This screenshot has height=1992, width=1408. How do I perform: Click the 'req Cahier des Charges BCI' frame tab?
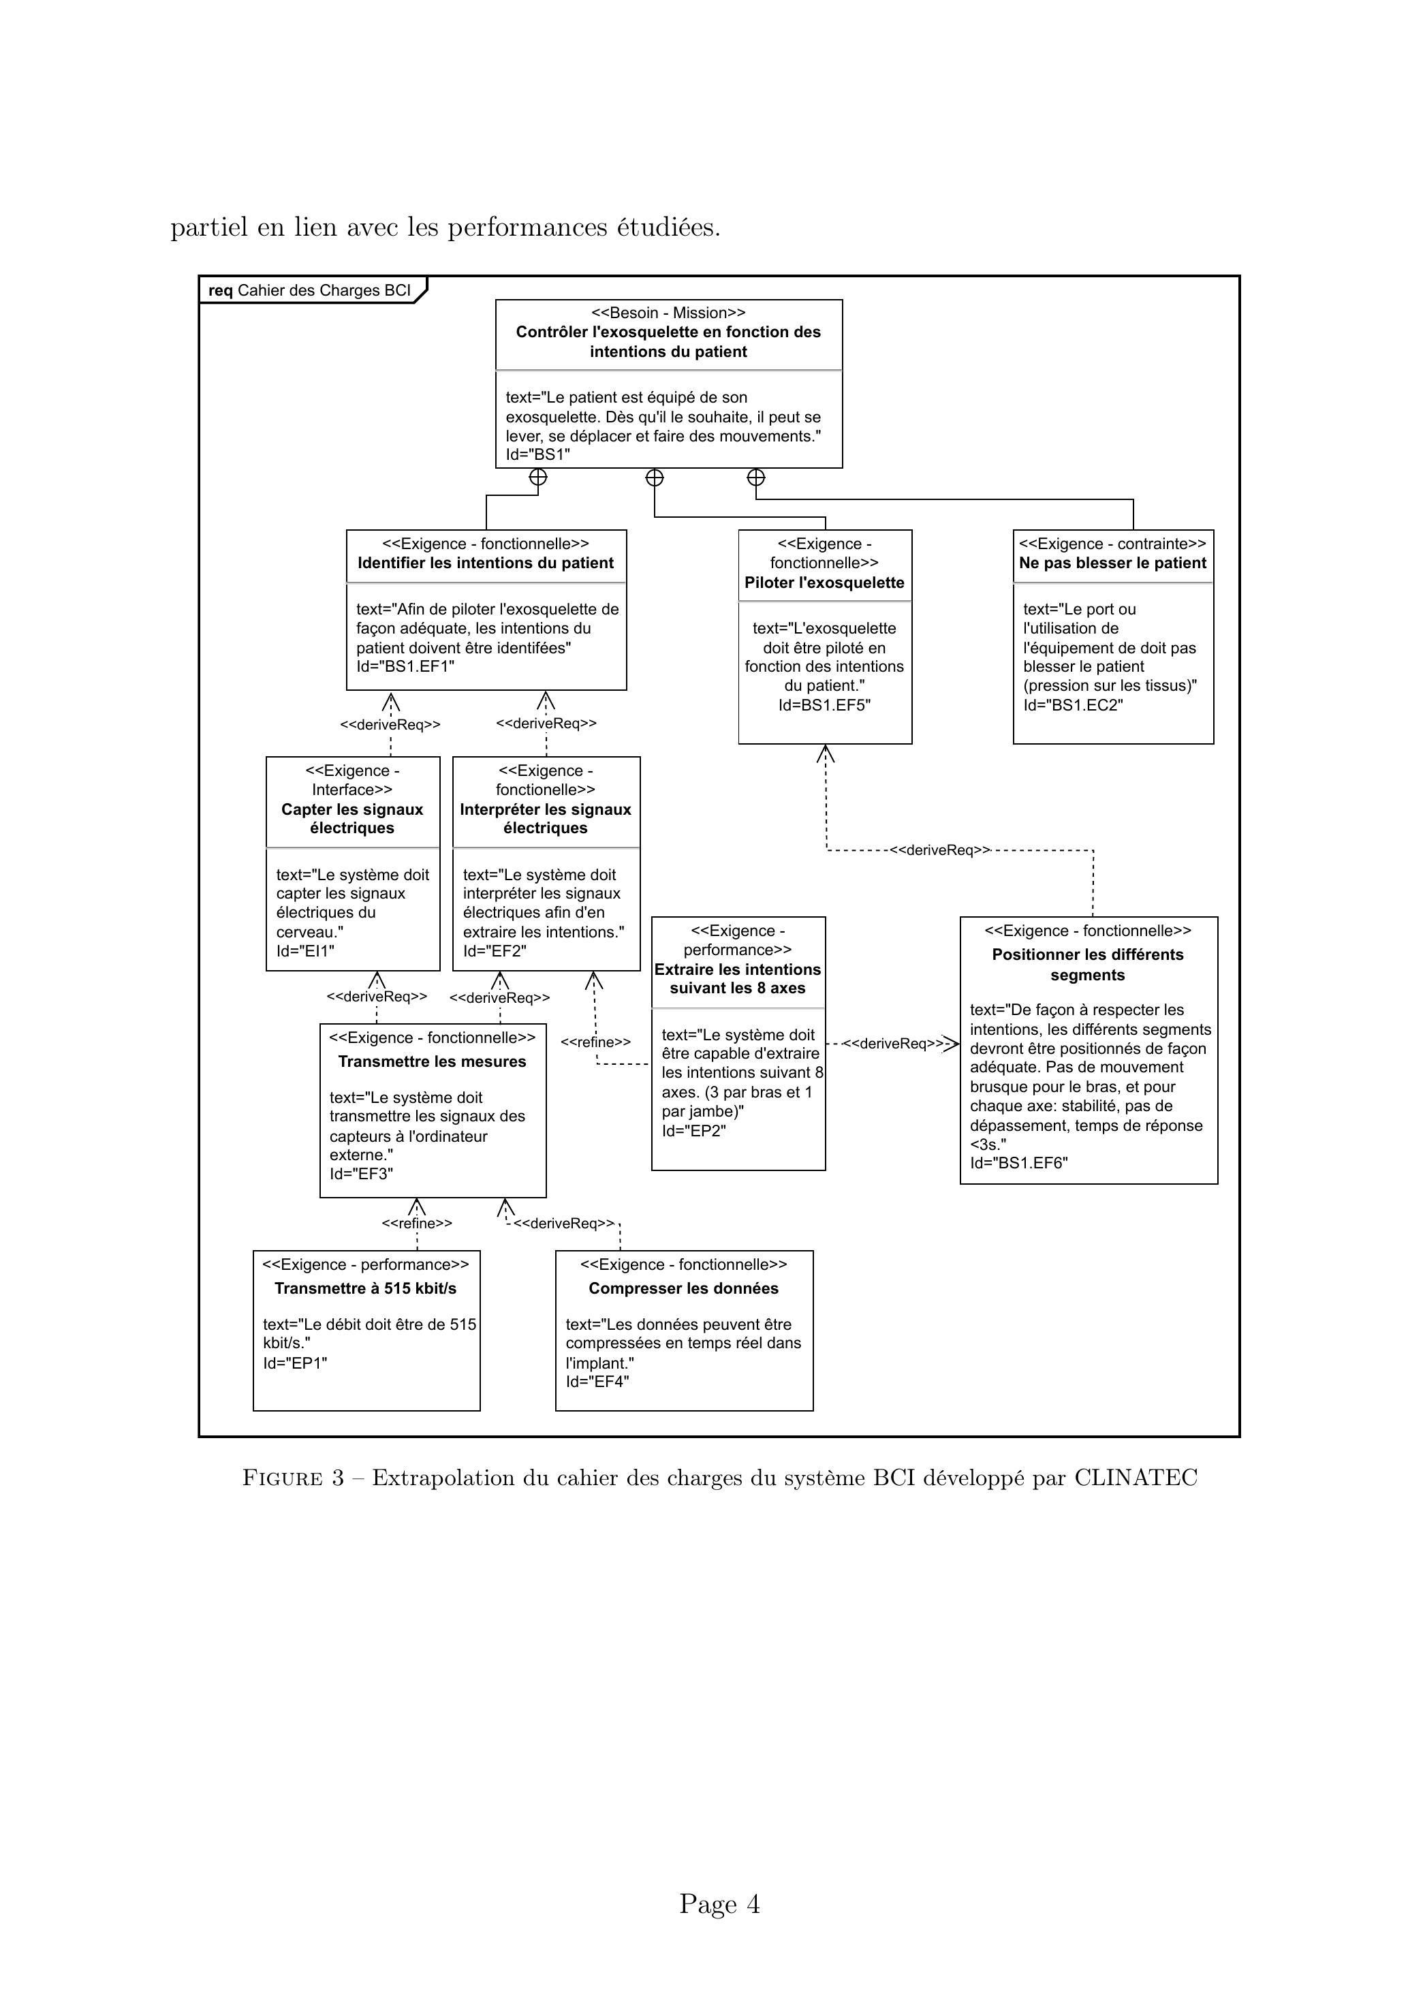(x=312, y=290)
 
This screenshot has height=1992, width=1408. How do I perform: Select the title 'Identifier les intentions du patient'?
(x=486, y=563)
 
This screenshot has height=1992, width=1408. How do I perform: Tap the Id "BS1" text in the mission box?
(x=538, y=454)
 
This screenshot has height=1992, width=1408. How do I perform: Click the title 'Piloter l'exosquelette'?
(x=824, y=583)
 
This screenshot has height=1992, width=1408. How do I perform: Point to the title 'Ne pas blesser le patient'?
(x=1113, y=563)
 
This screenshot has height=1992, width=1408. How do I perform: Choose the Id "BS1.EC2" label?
(x=1073, y=705)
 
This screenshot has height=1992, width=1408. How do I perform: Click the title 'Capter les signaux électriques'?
(x=352, y=819)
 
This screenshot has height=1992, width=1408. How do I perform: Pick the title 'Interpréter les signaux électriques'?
(x=546, y=819)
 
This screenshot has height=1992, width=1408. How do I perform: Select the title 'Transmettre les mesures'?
(x=432, y=1062)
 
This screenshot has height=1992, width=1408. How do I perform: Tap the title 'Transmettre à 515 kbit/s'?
(x=365, y=1288)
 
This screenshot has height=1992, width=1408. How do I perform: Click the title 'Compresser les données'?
(x=684, y=1288)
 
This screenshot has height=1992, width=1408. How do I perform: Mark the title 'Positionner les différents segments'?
(x=1088, y=965)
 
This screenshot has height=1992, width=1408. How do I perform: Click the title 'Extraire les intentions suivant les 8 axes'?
(x=738, y=979)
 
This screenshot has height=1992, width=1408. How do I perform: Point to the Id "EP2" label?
(x=693, y=1130)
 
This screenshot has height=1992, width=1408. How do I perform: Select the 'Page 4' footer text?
(x=720, y=1904)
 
